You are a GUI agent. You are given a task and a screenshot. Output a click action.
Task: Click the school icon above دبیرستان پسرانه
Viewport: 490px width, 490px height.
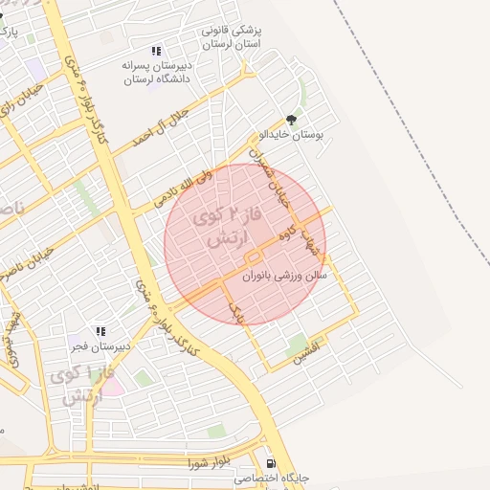[156, 51]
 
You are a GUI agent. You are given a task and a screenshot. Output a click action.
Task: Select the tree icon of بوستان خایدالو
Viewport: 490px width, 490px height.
[291, 121]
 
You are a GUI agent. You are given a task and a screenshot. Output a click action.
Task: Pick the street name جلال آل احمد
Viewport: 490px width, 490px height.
[169, 123]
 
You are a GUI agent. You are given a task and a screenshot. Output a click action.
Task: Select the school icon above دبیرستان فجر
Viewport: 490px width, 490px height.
[100, 331]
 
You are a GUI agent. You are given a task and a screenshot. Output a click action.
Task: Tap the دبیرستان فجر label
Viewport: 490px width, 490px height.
[100, 347]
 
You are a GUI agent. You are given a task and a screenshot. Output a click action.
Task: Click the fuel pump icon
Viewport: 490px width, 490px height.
[271, 462]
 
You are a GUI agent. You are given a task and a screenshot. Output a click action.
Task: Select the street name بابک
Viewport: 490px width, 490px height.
[236, 306]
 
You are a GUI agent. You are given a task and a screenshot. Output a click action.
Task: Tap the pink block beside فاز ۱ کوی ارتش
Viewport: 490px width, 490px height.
[111, 386]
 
